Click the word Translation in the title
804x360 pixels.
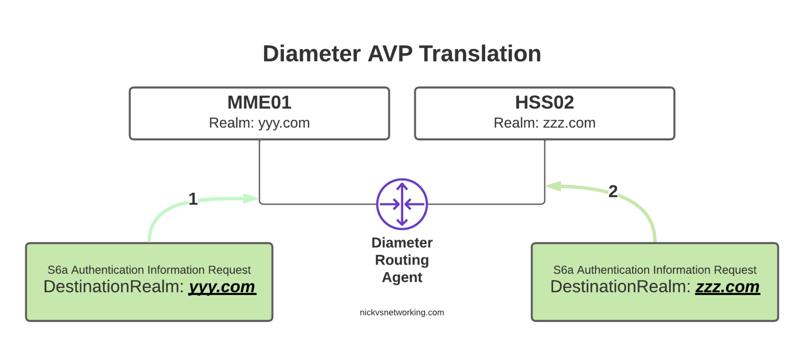point(480,54)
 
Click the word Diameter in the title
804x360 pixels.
point(311,54)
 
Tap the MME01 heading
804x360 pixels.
point(259,102)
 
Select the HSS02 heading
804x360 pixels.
point(544,102)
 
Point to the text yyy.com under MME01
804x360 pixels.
point(284,123)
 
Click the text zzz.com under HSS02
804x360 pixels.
point(569,123)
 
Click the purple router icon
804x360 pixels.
point(402,204)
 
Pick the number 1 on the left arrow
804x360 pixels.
point(192,199)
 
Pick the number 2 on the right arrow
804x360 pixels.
point(613,191)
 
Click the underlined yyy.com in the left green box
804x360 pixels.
point(222,287)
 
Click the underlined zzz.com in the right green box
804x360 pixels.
point(727,287)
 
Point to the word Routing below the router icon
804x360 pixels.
point(402,260)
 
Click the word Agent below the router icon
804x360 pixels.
point(402,278)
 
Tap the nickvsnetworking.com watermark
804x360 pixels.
point(402,312)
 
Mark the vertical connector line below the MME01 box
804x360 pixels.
point(259,169)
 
